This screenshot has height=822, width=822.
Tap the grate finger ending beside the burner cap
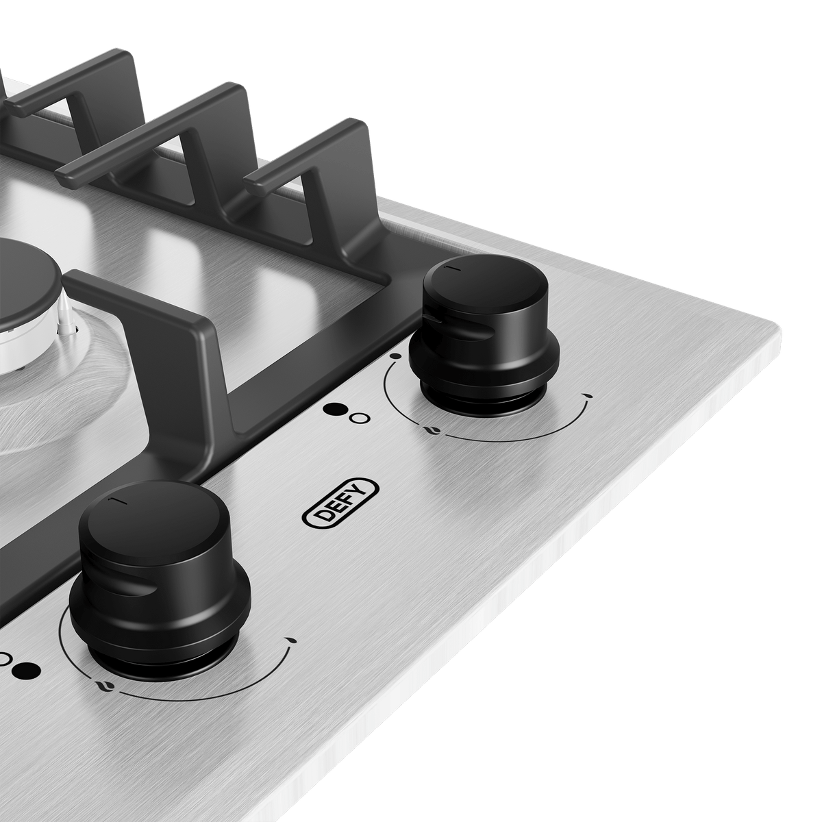(75, 281)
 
